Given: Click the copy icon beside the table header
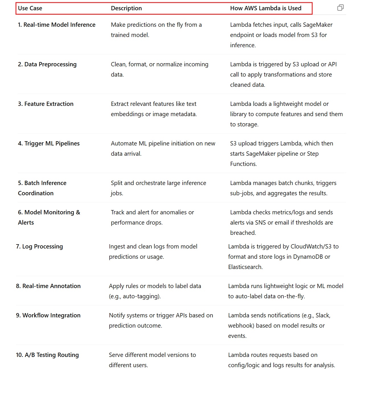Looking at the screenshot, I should click(340, 8).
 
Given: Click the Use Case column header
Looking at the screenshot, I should click(30, 8).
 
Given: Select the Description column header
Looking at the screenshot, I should click(126, 8).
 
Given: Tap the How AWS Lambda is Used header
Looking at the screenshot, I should click(265, 8).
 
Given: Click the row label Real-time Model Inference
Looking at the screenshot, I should click(56, 25).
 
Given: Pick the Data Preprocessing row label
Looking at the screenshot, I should click(47, 64).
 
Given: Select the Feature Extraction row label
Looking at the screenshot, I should click(46, 104).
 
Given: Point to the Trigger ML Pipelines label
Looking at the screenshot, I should click(49, 143).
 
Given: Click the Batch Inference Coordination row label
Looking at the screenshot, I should click(42, 188).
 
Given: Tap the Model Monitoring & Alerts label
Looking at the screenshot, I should click(49, 217).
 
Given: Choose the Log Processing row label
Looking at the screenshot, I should click(39, 246).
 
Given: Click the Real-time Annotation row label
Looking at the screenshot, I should click(48, 286).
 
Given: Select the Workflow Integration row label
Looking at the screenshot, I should click(48, 315).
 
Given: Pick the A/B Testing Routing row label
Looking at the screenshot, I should click(47, 355).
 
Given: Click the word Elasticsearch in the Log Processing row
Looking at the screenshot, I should click(245, 267).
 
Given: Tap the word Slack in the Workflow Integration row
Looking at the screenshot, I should click(322, 315).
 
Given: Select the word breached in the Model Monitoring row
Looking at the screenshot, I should click(243, 233).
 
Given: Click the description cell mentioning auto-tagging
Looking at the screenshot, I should click(155, 291).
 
